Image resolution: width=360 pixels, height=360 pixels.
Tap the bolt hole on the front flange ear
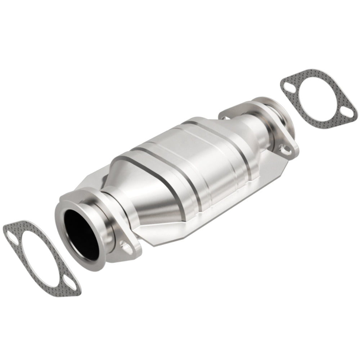pyautogui.click(x=126, y=247)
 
